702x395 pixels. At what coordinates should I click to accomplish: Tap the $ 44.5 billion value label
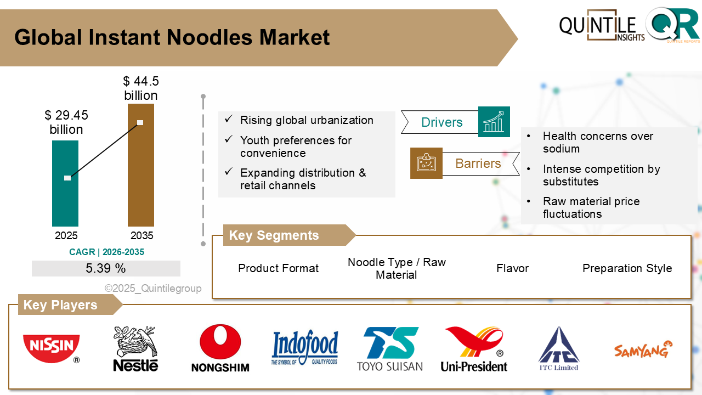[x=141, y=88]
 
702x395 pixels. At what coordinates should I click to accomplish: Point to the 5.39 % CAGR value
[x=106, y=268]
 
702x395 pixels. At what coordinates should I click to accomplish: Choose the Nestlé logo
[x=135, y=348]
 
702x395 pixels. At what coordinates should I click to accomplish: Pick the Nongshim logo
[x=220, y=348]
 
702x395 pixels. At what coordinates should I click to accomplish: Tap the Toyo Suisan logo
[x=389, y=349]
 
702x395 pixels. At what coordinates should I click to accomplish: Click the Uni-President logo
[x=474, y=349]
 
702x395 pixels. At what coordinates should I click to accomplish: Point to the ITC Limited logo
[x=558, y=349]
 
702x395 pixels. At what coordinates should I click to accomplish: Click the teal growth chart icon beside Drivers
[x=494, y=122]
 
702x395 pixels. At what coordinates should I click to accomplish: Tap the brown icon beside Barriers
[x=426, y=163]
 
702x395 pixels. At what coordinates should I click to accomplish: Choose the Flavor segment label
[x=512, y=268]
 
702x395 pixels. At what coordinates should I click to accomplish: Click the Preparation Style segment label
[x=627, y=268]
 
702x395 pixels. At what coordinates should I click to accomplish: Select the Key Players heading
[x=60, y=305]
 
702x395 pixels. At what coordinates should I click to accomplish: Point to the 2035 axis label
[x=141, y=236]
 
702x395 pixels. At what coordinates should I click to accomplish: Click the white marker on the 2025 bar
[x=67, y=178]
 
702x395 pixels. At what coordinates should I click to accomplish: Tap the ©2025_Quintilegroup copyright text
[x=153, y=289]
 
